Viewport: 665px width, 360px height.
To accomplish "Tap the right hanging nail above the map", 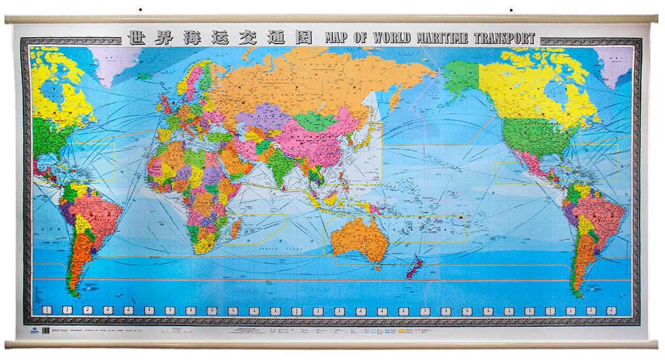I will pos(510,9).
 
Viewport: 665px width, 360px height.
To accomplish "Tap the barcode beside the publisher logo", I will pos(47,331).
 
